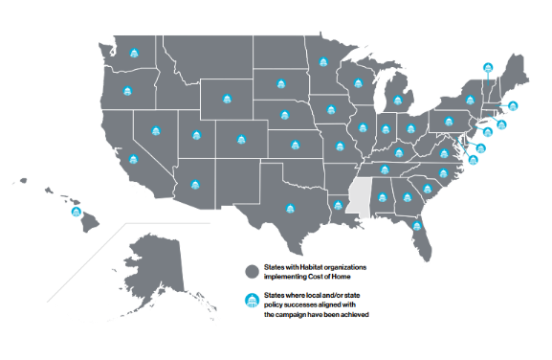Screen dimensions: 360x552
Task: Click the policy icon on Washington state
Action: (x=134, y=52)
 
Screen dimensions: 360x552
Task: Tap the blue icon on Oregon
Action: (x=127, y=91)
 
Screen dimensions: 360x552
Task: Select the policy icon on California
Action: (x=133, y=159)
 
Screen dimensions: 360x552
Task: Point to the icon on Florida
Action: (x=418, y=227)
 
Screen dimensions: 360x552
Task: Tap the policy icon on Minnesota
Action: (x=322, y=80)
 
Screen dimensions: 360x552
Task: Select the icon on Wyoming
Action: (x=228, y=98)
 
